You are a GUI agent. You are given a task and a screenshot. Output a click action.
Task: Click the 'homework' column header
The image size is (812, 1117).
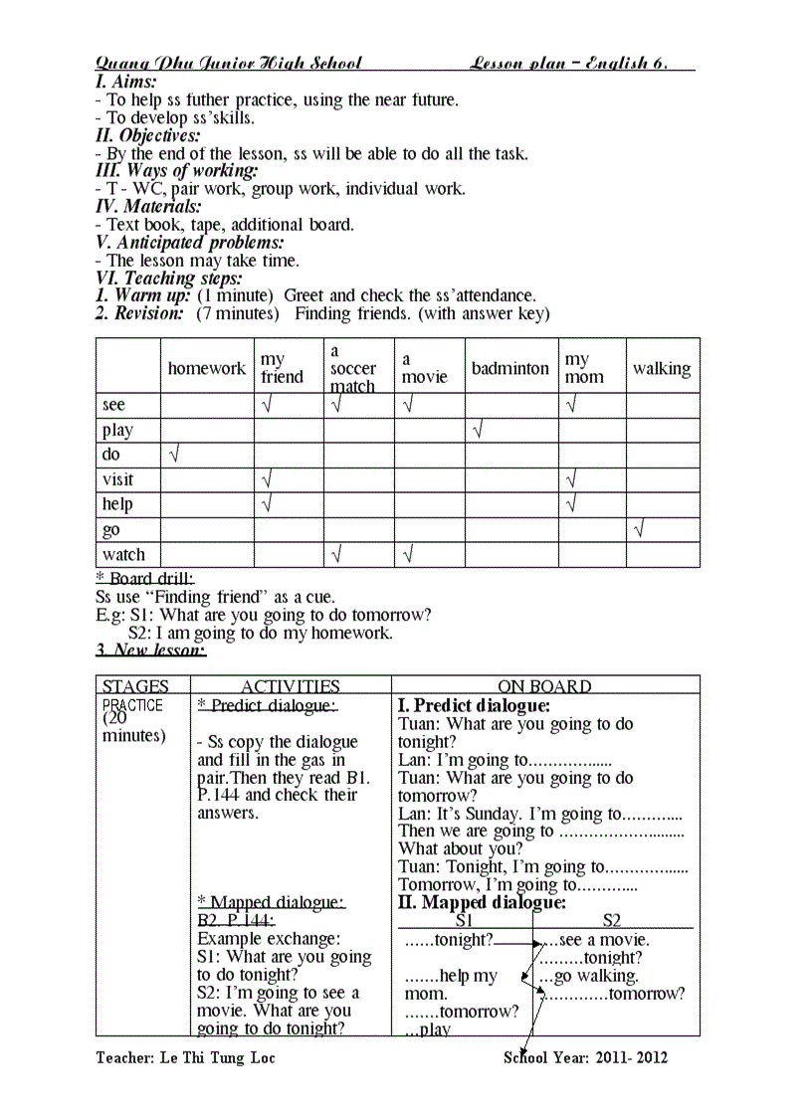206,368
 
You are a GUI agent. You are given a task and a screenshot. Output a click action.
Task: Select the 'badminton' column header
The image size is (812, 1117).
509,368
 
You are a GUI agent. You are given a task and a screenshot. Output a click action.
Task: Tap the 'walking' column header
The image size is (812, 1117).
662,368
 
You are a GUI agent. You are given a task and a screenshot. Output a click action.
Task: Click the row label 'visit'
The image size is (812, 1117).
117,479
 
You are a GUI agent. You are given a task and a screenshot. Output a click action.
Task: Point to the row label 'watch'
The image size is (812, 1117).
123,554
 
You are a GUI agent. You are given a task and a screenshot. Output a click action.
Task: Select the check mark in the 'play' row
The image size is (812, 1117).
478,430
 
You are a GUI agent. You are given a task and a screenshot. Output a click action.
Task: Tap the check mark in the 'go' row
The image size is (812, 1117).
638,529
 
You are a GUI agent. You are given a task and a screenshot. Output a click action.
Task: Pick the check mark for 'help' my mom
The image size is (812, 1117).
571,504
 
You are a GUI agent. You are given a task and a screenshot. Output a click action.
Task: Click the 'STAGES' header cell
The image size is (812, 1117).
135,686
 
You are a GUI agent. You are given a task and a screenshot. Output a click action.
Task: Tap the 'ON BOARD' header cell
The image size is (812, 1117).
544,686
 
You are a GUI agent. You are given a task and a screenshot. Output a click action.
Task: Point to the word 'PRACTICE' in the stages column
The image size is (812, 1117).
132,705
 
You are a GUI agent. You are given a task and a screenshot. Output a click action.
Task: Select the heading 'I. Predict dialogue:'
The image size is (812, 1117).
474,705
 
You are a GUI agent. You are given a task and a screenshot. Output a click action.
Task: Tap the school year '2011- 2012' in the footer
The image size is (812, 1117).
633,1057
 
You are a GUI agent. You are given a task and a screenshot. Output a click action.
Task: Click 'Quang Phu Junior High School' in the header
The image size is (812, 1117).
229,64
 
